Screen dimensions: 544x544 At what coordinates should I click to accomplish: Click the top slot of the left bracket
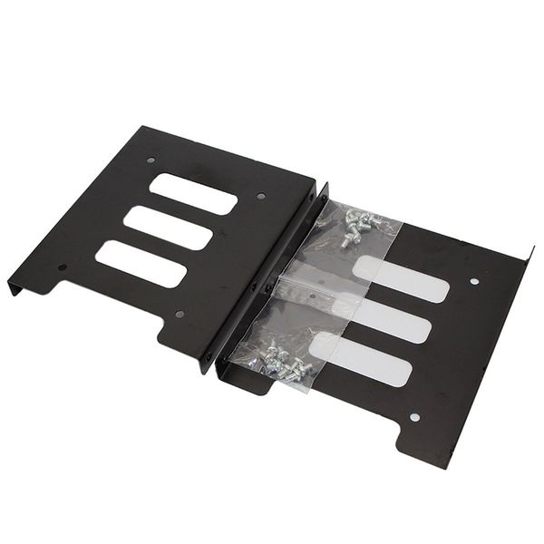pyautogui.click(x=193, y=193)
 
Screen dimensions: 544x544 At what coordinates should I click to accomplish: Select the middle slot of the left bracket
pyautogui.click(x=169, y=227)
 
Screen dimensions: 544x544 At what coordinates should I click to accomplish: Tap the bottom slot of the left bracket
pyautogui.click(x=141, y=263)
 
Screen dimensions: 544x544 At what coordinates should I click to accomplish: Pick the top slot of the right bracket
pyautogui.click(x=400, y=279)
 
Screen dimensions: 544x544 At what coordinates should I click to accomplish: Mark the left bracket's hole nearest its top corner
pyautogui.click(x=151, y=160)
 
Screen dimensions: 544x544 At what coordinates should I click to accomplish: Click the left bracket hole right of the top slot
pyautogui.click(x=261, y=195)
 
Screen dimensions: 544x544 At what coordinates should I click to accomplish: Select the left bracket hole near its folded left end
pyautogui.click(x=62, y=267)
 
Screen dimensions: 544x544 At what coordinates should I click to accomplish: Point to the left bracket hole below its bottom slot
pyautogui.click(x=179, y=314)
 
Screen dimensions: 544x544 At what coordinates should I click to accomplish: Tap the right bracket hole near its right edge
pyautogui.click(x=473, y=282)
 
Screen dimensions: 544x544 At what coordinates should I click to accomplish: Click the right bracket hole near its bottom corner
pyautogui.click(x=413, y=417)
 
